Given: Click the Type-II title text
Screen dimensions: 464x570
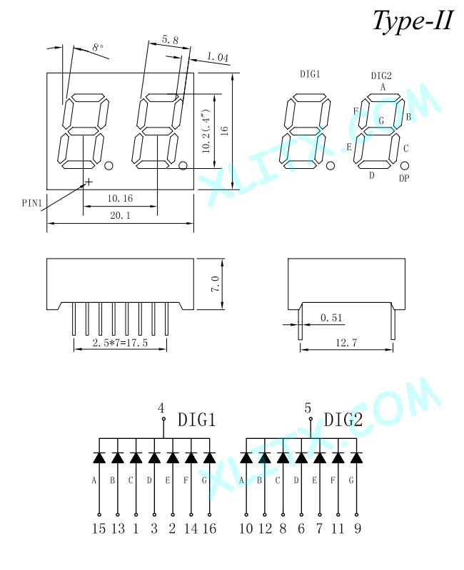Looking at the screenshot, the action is (413, 21).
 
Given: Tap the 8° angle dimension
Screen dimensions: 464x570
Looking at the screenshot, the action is (98, 47).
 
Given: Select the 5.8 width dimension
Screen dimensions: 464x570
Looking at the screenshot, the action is (170, 40).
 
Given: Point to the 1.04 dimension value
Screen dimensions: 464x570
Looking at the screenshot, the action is (218, 57).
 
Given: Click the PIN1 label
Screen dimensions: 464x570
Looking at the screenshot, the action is (32, 203).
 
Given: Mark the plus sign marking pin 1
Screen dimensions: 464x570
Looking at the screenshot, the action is (88, 181).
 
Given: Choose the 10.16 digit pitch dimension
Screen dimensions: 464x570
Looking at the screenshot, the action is (120, 199).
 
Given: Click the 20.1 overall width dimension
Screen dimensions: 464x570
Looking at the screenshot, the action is (120, 216).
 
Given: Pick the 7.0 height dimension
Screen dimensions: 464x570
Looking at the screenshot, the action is (216, 284).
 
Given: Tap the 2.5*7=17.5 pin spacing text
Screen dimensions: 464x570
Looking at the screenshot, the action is (120, 343).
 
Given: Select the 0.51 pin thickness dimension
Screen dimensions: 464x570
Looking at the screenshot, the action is (331, 318).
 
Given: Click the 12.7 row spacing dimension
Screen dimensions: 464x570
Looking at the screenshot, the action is (346, 343).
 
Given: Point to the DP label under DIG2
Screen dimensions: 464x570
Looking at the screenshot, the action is (404, 178).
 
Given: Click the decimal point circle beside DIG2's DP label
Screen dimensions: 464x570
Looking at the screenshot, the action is (404, 166).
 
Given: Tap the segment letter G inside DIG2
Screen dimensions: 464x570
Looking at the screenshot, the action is (381, 120).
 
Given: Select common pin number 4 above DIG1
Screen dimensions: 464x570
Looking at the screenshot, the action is (161, 408).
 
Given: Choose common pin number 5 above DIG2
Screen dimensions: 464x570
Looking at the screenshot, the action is (308, 408).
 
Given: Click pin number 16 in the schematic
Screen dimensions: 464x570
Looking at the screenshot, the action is (209, 528).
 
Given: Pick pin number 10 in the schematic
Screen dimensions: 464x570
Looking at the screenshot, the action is (246, 528).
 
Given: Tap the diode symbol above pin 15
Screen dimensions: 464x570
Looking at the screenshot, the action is (99, 457).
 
